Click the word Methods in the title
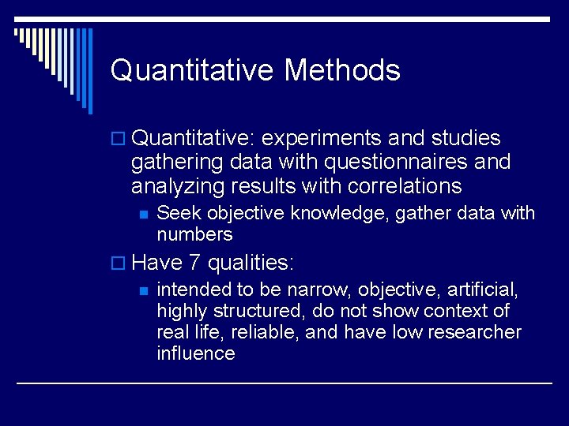point(342,71)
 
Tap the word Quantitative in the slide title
point(193,71)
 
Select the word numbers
point(194,234)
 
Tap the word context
point(450,311)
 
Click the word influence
point(195,353)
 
